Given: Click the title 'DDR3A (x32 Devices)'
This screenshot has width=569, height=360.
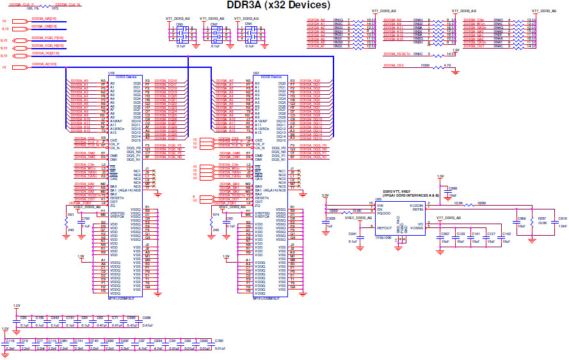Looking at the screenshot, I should click(x=278, y=6).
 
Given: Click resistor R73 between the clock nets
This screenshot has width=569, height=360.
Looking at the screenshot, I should click(x=54, y=9).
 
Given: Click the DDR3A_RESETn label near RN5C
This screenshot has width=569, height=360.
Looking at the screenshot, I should click(x=395, y=54).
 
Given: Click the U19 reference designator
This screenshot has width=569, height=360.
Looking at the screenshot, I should click(x=111, y=72).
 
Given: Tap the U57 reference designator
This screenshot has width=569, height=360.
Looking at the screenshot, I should click(x=256, y=72).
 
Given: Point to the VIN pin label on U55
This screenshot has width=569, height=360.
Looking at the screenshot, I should click(x=380, y=206).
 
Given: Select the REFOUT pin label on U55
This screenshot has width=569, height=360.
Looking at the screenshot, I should click(x=385, y=227).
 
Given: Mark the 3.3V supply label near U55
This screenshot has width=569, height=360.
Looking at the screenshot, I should click(x=325, y=195).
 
